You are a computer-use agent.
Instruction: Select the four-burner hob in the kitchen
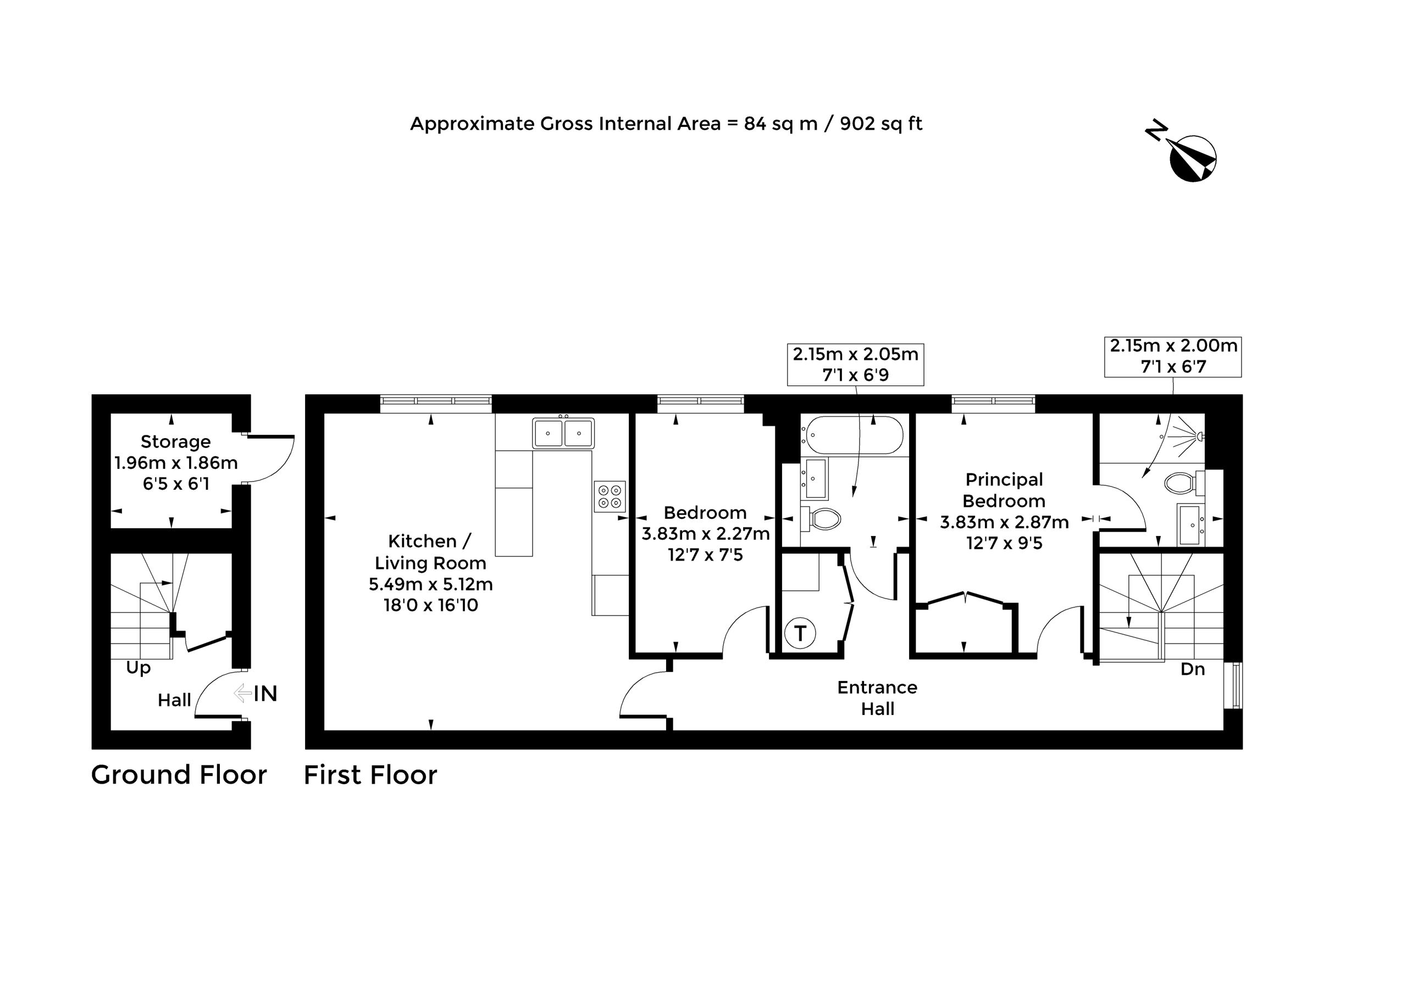[x=610, y=496]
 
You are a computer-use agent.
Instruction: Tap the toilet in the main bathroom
[x=821, y=520]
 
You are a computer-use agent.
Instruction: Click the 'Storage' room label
[x=175, y=441]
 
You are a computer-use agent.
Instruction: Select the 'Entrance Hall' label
[x=878, y=697]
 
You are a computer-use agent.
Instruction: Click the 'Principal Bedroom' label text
[x=1004, y=490]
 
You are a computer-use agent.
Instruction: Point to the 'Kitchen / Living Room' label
[x=430, y=552]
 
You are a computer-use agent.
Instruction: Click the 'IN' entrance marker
[x=265, y=694]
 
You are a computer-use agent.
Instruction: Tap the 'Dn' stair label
[x=1193, y=669]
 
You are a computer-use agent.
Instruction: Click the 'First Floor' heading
[x=370, y=775]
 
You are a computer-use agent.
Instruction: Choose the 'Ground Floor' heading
[x=179, y=775]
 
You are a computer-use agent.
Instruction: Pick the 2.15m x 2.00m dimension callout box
[x=1173, y=356]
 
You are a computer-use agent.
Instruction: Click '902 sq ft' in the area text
[x=880, y=124]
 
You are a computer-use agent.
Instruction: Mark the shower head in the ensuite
[x=1200, y=437]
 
